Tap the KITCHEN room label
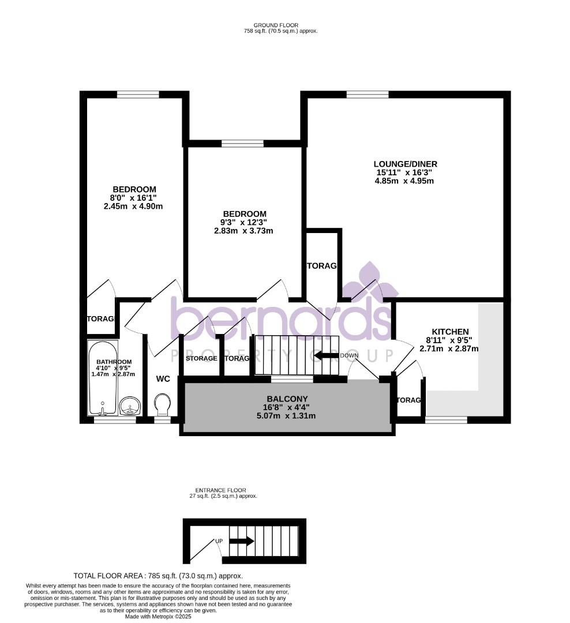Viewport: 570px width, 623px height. pyautogui.click(x=450, y=332)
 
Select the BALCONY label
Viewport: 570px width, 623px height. pyautogui.click(x=287, y=399)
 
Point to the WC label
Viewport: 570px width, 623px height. pyautogui.click(x=163, y=379)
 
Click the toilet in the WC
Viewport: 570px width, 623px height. pyautogui.click(x=163, y=404)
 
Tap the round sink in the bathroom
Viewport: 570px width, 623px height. pyautogui.click(x=130, y=406)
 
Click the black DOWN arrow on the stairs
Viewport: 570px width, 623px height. pyautogui.click(x=326, y=355)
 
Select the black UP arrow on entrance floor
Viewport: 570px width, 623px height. pyautogui.click(x=241, y=542)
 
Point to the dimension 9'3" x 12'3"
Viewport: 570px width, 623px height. pyautogui.click(x=243, y=222)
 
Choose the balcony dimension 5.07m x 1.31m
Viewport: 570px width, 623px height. pyautogui.click(x=287, y=415)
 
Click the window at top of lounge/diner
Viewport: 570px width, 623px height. pyautogui.click(x=367, y=95)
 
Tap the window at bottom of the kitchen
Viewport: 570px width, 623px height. pyautogui.click(x=446, y=420)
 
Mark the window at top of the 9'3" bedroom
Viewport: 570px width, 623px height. pyautogui.click(x=242, y=144)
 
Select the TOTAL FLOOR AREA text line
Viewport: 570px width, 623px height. pyautogui.click(x=158, y=576)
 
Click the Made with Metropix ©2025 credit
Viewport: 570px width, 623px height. pyautogui.click(x=158, y=616)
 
